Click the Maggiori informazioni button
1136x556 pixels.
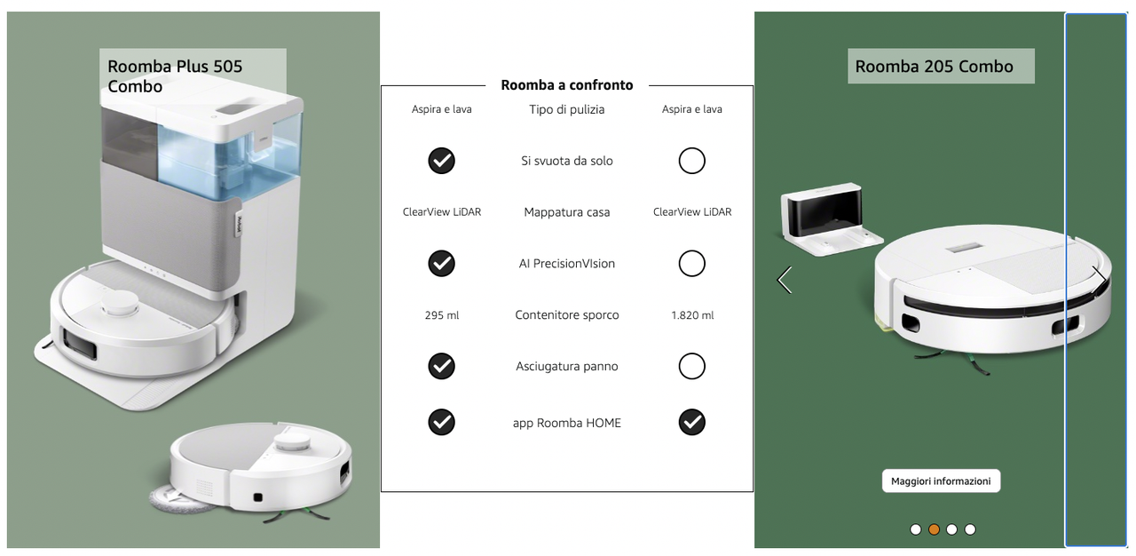(941, 481)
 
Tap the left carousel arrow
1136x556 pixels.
(785, 280)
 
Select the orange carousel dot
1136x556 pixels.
(934, 529)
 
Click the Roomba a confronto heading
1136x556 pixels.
(567, 84)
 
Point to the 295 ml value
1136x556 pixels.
(442, 315)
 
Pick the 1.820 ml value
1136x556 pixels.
(692, 315)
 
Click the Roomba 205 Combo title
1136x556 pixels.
(935, 66)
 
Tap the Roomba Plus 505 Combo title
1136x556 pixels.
(175, 76)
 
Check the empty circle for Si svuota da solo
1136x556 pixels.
(691, 161)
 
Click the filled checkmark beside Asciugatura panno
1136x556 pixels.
(441, 366)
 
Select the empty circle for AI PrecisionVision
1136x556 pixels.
(691, 263)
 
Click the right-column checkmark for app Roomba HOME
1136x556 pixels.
(691, 422)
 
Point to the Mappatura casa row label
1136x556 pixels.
(567, 212)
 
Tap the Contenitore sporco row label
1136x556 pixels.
(567, 315)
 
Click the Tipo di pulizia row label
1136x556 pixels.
(567, 109)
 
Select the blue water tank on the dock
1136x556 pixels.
(228, 157)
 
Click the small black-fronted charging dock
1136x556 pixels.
(831, 219)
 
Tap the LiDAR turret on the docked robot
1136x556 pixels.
(119, 305)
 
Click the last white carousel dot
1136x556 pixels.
(970, 529)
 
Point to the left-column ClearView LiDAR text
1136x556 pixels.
(442, 212)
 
